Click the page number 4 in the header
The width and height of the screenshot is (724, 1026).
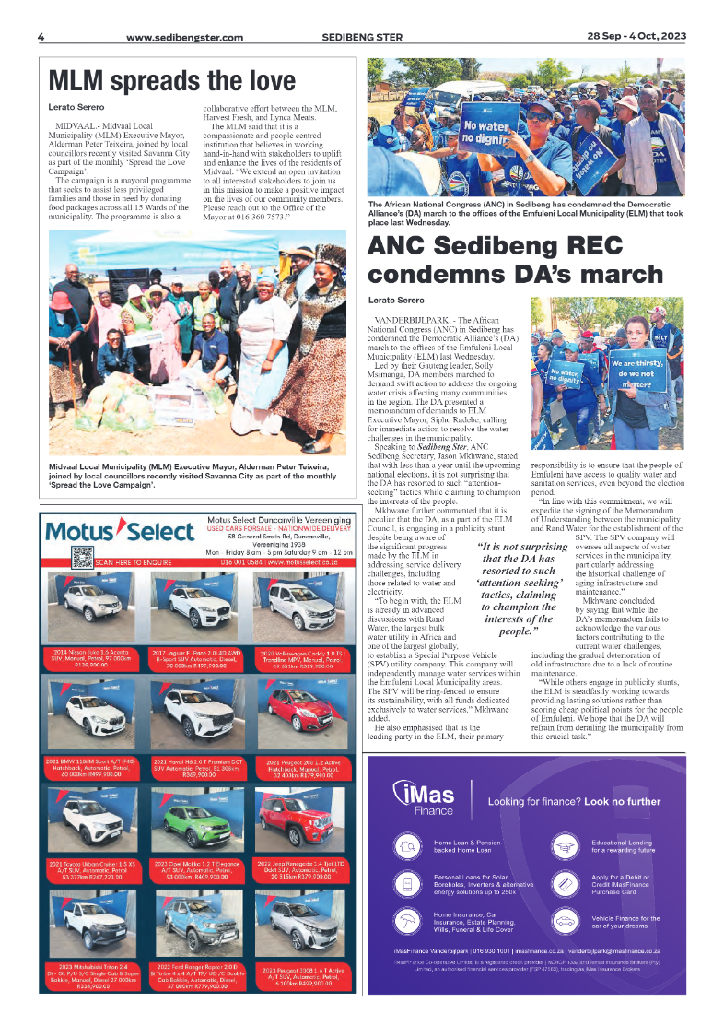(x=41, y=37)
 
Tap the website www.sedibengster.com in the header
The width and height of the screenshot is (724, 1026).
(x=184, y=38)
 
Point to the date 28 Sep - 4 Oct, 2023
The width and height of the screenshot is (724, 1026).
(x=636, y=37)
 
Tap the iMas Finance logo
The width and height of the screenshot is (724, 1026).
(x=423, y=799)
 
